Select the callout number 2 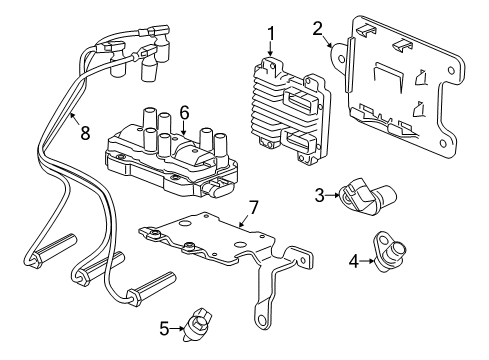coord(317,27)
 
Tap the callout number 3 coord(320,194)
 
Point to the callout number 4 coord(352,263)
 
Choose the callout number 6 coord(184,112)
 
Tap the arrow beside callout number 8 coord(72,116)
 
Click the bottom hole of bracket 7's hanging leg coord(264,322)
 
